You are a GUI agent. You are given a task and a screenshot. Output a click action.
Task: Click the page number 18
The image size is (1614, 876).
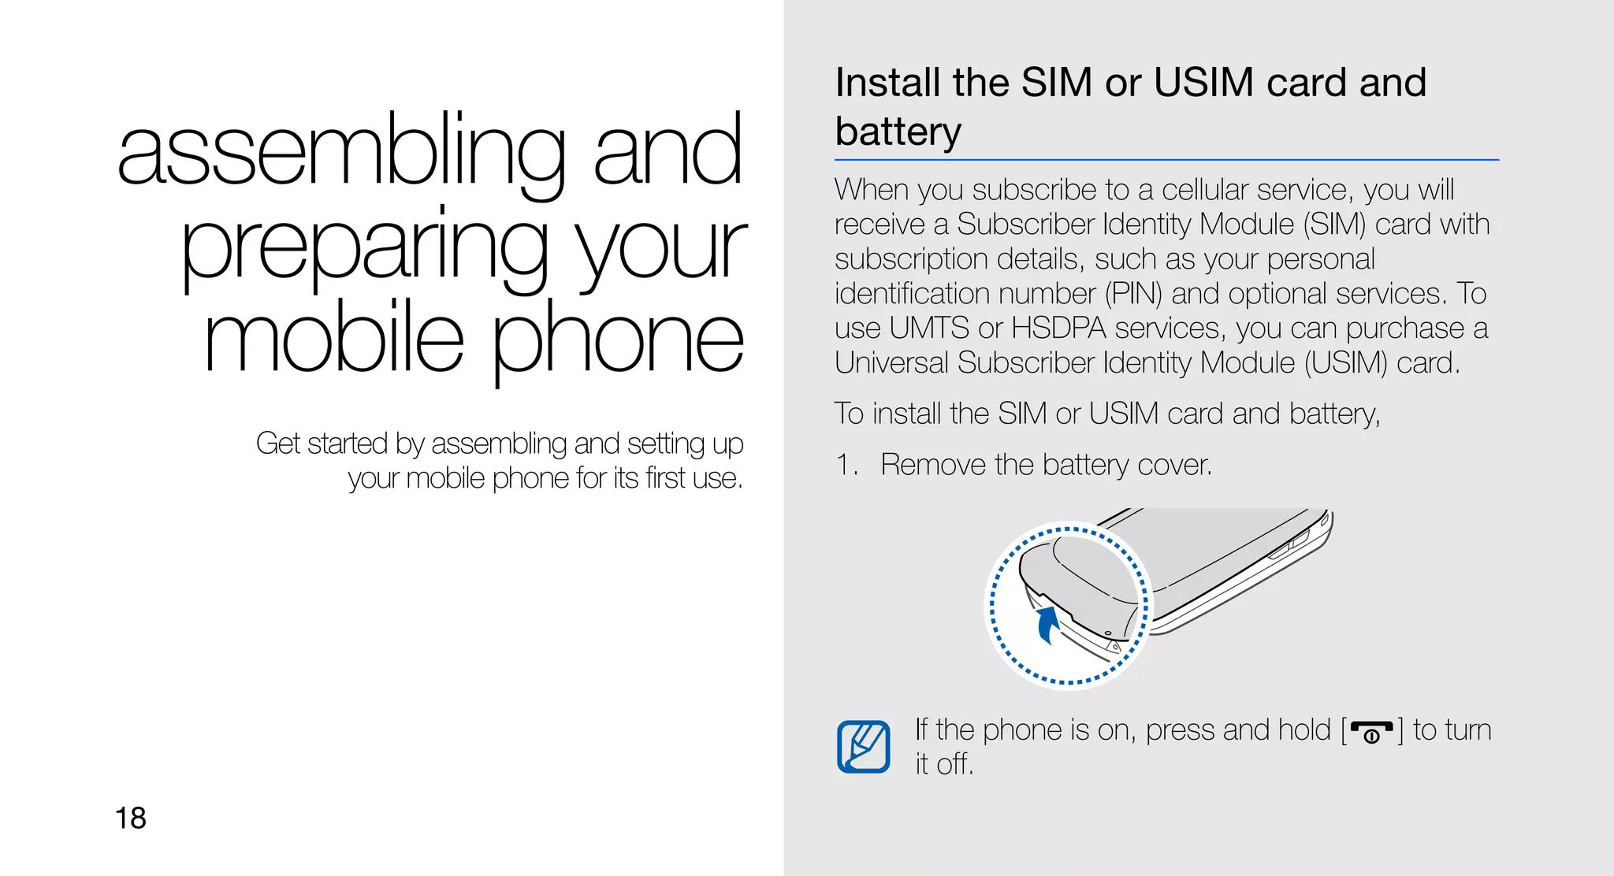(131, 818)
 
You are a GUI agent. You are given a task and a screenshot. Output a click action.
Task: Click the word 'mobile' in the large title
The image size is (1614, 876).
(333, 339)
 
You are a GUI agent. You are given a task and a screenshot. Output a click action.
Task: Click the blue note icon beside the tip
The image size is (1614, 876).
(864, 746)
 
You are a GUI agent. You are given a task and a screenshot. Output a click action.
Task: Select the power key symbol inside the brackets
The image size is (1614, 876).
(1371, 733)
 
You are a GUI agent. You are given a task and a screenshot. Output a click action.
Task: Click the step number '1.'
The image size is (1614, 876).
(846, 465)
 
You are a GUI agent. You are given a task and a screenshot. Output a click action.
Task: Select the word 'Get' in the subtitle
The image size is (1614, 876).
(277, 444)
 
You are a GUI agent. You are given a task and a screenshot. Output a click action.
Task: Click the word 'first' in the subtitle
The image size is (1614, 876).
(665, 478)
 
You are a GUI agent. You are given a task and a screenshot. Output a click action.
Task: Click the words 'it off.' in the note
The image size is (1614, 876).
(944, 764)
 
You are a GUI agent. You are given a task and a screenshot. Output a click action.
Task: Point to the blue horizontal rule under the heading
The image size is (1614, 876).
(1166, 160)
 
